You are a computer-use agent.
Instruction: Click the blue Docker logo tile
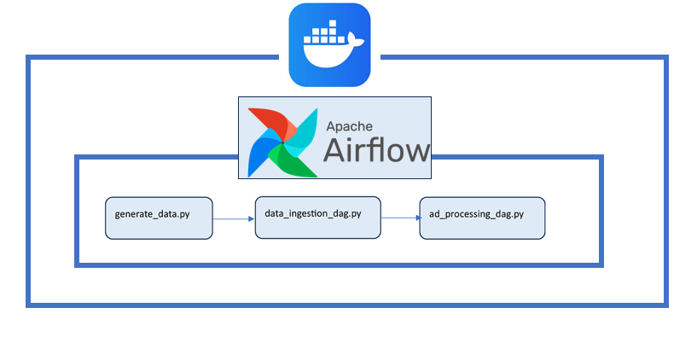point(329,44)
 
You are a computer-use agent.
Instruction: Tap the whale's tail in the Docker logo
point(357,40)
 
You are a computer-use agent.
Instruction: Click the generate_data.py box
point(159,218)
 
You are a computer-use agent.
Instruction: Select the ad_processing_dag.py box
point(482,218)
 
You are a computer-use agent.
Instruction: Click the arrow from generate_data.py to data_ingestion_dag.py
point(232,218)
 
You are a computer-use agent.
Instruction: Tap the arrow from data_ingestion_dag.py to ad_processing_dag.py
point(398,218)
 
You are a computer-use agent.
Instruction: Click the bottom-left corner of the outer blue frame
point(29,304)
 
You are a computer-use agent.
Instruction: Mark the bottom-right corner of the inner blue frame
point(601,264)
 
